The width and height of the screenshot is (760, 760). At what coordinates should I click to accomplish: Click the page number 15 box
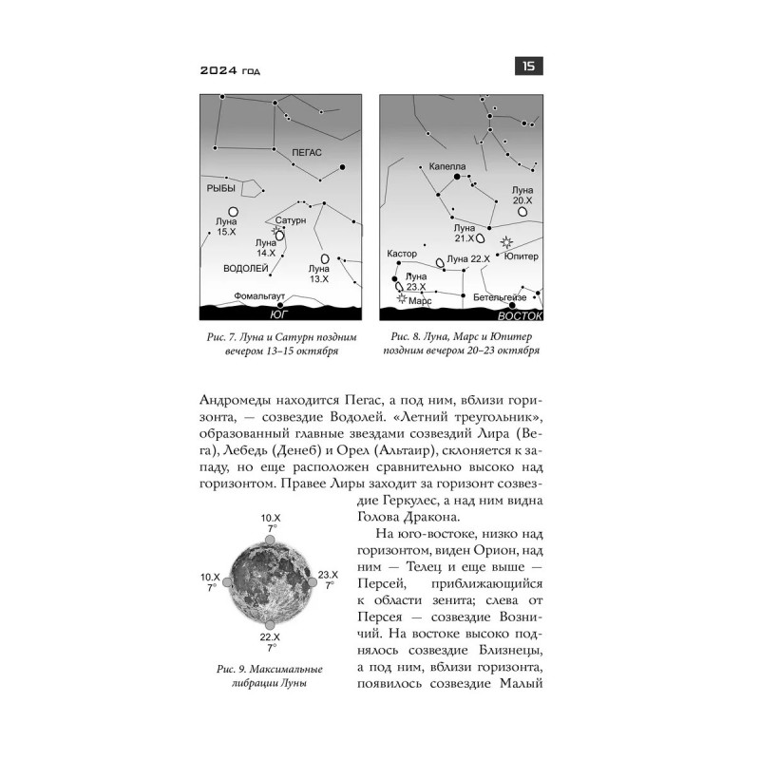pyautogui.click(x=528, y=66)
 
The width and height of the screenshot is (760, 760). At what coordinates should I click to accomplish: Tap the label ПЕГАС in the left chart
pyautogui.click(x=307, y=152)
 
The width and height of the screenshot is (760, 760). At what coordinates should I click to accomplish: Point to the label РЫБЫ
pyautogui.click(x=221, y=189)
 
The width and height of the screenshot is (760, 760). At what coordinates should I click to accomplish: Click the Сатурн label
pyautogui.click(x=292, y=219)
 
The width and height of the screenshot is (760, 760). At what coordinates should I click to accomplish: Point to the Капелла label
pyautogui.click(x=447, y=164)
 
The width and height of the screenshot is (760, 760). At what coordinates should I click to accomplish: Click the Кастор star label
pyautogui.click(x=403, y=255)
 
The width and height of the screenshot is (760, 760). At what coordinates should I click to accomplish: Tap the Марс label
pyautogui.click(x=420, y=300)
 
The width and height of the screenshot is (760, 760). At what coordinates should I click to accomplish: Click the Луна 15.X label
pyautogui.click(x=226, y=226)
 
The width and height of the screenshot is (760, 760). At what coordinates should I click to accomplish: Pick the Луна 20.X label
pyautogui.click(x=522, y=196)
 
